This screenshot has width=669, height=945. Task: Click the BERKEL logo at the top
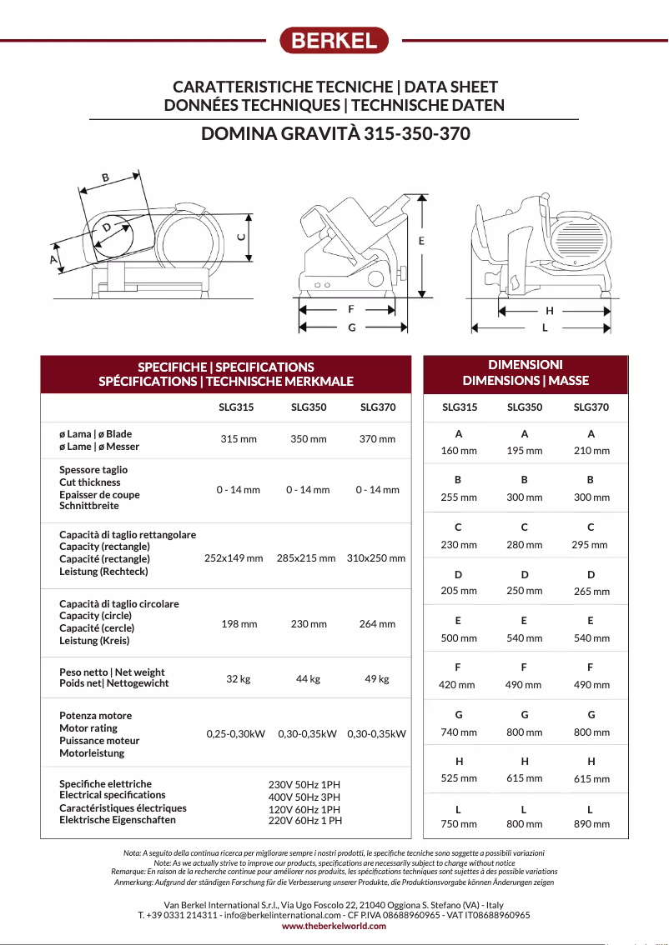334,40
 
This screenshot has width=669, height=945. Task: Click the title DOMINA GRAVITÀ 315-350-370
335,134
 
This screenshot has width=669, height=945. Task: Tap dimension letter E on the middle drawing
421,240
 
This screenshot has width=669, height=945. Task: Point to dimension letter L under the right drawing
545,327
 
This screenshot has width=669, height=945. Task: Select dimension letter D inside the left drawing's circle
107,227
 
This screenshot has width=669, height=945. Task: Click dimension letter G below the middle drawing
352,327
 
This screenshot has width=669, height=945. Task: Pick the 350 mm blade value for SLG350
308,439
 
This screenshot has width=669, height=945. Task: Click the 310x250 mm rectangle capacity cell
376,558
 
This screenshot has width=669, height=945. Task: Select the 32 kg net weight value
239,679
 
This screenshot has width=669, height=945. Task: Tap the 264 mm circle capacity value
377,624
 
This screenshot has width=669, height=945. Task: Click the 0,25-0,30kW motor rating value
236,734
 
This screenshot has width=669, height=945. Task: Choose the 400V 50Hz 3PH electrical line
304,797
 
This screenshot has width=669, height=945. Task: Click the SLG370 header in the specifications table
377,407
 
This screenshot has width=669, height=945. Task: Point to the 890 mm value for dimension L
591,824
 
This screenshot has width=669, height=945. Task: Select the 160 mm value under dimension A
459,451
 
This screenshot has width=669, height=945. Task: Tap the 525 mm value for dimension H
459,778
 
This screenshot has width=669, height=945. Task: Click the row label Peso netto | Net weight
112,672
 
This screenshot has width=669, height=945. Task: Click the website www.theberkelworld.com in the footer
334,926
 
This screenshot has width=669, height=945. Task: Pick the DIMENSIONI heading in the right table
526,365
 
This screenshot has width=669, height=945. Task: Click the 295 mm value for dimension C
590,545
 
